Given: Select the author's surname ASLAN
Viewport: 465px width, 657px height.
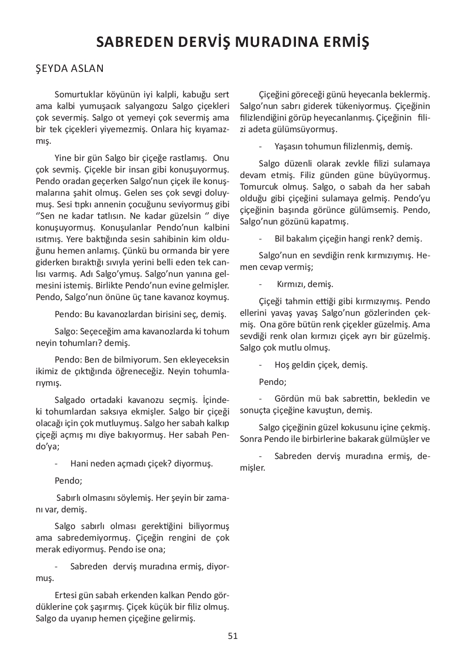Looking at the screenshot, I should point(88,69).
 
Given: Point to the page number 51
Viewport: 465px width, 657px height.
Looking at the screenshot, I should point(232,636).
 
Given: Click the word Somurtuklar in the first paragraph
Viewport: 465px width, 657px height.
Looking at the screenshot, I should point(77,95).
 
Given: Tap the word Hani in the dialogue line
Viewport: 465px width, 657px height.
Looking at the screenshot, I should point(79,464).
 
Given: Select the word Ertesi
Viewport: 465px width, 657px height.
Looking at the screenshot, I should point(67,595).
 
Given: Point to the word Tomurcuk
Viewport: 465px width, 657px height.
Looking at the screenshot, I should point(258,187).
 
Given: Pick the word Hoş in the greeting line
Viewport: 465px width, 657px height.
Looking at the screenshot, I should point(282,365).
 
